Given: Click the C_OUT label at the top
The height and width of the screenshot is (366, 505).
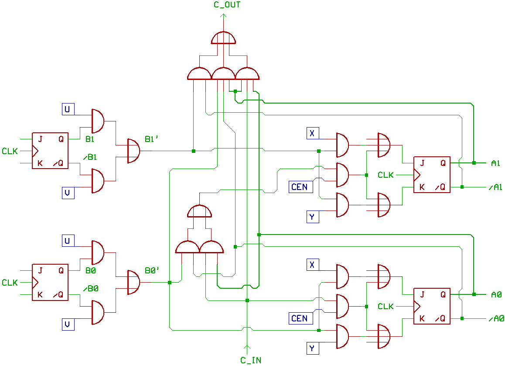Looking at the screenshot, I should tap(227, 5).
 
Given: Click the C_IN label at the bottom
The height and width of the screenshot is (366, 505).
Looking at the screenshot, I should tap(251, 360).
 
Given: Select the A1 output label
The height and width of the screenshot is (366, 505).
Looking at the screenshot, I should tap(495, 163).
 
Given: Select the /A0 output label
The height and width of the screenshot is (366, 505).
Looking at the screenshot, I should tap(497, 319).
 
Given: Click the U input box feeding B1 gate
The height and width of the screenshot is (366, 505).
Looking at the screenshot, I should tap(68, 109).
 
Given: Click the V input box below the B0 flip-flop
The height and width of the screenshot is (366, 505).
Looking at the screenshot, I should tap(68, 325).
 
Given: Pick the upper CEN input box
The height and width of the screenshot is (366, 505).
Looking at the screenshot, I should tap(299, 187).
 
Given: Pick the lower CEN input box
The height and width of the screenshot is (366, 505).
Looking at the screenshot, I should tap(299, 319).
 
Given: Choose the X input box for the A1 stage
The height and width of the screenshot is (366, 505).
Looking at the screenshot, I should tap(312, 134).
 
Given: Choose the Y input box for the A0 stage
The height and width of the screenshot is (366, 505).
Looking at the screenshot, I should tap(312, 349).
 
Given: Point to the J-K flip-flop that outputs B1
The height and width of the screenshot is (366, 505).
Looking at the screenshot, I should tap(50, 151).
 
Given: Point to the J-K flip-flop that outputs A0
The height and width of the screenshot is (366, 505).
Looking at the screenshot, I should tap(432, 306).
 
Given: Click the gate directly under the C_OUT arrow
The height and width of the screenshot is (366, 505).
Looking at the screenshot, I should tap(223, 38).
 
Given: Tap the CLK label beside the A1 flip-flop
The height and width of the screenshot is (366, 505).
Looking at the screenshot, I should tap(386, 175).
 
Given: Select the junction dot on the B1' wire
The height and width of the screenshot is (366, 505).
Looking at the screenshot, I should tap(193, 151).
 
